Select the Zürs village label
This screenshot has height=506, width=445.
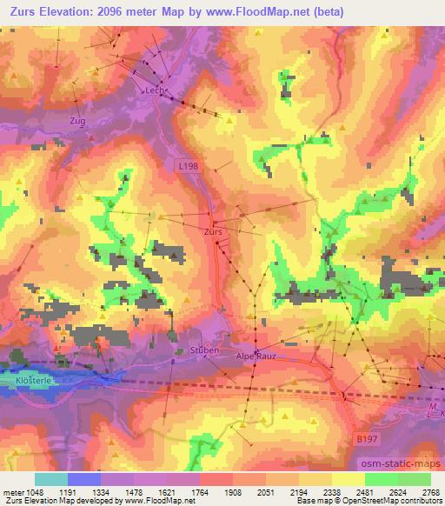(213, 233)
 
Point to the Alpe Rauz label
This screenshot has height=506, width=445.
(258, 356)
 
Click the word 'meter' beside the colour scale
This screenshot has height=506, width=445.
(12, 491)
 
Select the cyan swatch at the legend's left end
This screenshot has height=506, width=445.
(50, 479)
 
